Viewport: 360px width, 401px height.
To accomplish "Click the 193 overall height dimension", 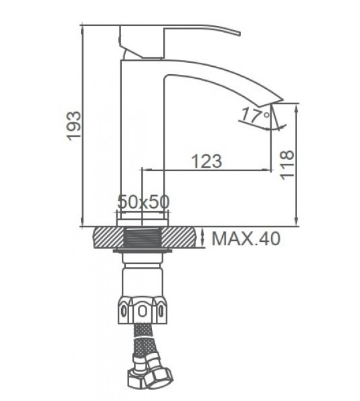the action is [x=74, y=126].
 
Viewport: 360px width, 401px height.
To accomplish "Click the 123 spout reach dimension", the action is [x=206, y=161].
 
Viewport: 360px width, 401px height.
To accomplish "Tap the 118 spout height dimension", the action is [x=286, y=165].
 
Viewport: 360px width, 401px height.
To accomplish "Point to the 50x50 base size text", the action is [x=143, y=202].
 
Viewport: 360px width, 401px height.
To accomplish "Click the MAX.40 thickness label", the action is [x=246, y=239].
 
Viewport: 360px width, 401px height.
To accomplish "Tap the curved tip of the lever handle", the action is [x=239, y=33].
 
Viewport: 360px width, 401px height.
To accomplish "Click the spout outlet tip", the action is [x=278, y=102].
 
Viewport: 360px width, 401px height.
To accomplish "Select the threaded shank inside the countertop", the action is [x=143, y=237].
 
